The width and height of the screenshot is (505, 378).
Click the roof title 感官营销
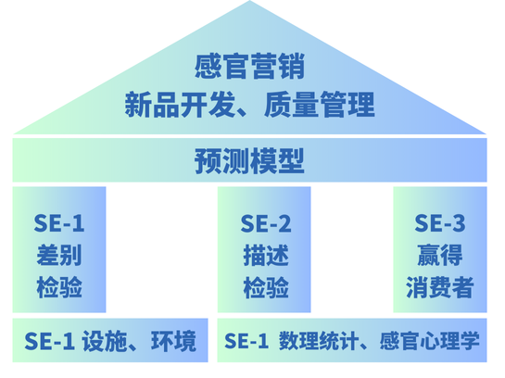click(249, 67)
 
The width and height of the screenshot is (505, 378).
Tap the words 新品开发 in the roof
click(180, 105)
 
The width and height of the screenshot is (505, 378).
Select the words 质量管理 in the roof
click(320, 105)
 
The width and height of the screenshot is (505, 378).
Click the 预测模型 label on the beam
click(249, 161)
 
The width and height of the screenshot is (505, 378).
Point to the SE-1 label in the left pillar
click(59, 223)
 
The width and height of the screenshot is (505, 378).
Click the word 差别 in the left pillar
click(59, 255)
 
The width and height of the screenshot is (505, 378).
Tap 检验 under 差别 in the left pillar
click(59, 287)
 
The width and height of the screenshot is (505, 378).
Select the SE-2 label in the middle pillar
click(266, 223)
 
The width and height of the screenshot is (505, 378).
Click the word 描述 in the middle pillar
click(266, 255)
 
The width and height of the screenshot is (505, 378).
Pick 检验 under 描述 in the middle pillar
click(266, 287)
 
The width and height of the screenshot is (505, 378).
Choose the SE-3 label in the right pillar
click(440, 223)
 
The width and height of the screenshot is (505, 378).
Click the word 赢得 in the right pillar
click(440, 255)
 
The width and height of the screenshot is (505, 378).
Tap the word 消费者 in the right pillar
click(440, 287)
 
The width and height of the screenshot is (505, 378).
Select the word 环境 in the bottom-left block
click(173, 341)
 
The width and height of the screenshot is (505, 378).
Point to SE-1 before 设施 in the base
click(50, 341)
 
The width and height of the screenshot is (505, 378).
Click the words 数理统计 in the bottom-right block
click(319, 341)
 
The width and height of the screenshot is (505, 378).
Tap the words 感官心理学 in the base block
click(430, 341)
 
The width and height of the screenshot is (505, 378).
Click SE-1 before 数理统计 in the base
click(246, 341)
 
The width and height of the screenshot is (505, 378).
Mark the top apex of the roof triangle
click(249, 1)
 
